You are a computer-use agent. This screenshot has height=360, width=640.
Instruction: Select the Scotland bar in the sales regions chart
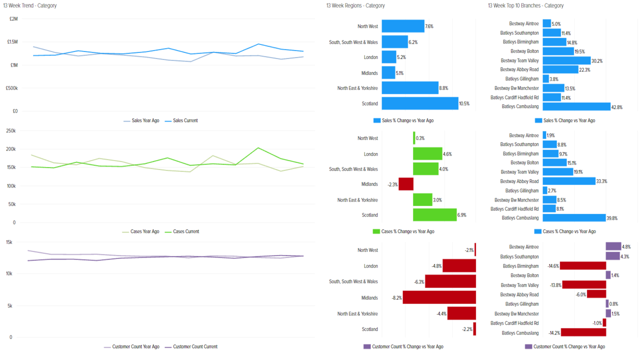[419, 103]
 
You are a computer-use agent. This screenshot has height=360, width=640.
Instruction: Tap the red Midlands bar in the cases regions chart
[405, 184]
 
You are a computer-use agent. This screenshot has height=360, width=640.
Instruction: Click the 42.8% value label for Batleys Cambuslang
[617, 106]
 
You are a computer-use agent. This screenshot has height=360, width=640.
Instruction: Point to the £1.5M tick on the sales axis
[12, 42]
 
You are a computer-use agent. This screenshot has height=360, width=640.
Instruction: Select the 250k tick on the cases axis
[10, 130]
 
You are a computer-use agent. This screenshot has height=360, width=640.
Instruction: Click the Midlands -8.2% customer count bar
[439, 297]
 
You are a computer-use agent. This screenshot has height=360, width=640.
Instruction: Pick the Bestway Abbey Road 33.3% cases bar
[568, 181]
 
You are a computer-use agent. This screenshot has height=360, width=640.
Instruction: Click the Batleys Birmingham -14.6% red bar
[582, 266]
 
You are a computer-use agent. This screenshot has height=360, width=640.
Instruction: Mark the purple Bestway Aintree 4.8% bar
[613, 246]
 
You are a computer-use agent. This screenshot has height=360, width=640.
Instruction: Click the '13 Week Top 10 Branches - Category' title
[525, 5]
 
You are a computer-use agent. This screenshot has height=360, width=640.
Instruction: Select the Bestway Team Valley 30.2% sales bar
[566, 60]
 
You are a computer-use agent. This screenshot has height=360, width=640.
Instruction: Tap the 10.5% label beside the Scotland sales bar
[465, 103]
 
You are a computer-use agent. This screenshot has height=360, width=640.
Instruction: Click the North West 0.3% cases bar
[414, 138]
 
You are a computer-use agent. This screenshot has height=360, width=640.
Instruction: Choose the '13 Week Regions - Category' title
[355, 5]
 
